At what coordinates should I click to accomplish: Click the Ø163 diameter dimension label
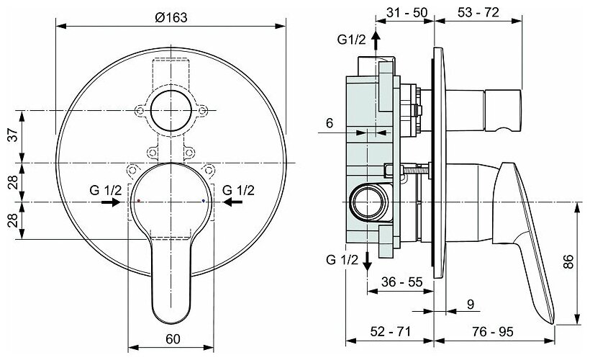coord(171,17)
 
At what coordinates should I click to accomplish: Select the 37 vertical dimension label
coord(14,135)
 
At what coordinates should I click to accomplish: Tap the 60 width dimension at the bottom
coord(173,339)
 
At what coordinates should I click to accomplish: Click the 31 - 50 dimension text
coord(407,12)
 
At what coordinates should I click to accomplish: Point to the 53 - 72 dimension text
coord(478,12)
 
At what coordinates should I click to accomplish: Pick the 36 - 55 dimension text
coord(402,282)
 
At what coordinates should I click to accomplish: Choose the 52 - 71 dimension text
coord(390,331)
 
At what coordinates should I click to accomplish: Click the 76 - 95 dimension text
coord(493,331)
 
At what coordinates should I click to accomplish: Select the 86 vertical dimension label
coord(568,261)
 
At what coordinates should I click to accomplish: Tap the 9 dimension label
coord(471,305)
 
